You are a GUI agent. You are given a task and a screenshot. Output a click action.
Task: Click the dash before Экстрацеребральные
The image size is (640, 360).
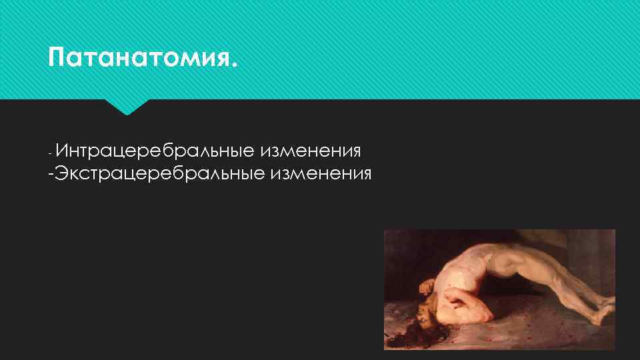click(51, 175)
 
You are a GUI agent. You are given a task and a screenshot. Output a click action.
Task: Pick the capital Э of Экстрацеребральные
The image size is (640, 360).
click(61, 175)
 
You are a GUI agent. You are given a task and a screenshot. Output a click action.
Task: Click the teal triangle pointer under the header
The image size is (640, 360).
click(127, 106)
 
